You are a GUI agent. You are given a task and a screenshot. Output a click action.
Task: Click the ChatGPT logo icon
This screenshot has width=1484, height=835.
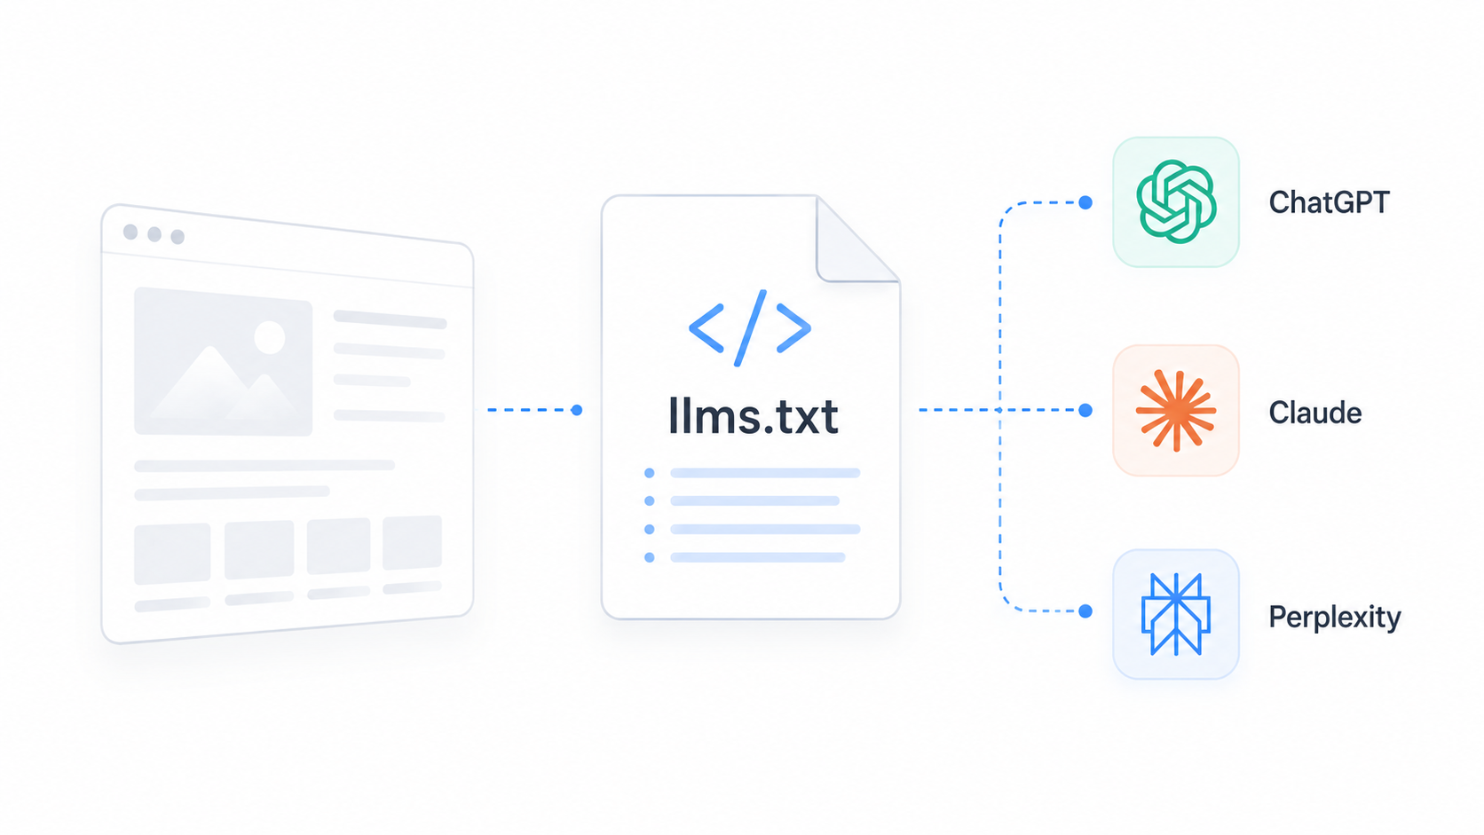pyautogui.click(x=1176, y=202)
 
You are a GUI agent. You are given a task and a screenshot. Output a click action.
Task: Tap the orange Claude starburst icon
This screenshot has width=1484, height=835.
pyautogui.click(x=1176, y=411)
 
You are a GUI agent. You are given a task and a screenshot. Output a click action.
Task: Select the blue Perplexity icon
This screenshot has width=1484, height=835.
pyautogui.click(x=1176, y=615)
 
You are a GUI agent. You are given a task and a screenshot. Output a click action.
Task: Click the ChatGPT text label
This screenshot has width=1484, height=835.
pyautogui.click(x=1329, y=202)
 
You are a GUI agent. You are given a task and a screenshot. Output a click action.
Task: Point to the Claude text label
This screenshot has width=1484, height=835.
pyautogui.click(x=1315, y=413)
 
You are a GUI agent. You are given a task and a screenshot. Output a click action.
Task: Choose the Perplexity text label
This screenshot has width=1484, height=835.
pyautogui.click(x=1334, y=617)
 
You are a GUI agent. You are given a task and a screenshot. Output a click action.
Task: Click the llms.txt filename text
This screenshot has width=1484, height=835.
pyautogui.click(x=754, y=416)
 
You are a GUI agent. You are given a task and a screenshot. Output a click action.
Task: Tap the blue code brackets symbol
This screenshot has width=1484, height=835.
pyautogui.click(x=750, y=327)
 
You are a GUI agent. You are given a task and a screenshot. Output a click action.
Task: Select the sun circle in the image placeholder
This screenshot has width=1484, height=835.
pyautogui.click(x=270, y=338)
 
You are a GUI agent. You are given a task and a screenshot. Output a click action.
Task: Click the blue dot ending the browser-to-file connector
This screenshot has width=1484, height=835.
pyautogui.click(x=576, y=410)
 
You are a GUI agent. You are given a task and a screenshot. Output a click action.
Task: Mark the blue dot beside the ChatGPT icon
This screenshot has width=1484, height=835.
pyautogui.click(x=1085, y=202)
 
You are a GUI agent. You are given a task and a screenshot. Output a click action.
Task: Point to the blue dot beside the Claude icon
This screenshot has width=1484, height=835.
pyautogui.click(x=1085, y=411)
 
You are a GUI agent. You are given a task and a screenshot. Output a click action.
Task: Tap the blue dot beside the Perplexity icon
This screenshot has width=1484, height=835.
pyautogui.click(x=1085, y=611)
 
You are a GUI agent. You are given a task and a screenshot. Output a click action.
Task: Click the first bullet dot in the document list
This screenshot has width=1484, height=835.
pyautogui.click(x=650, y=473)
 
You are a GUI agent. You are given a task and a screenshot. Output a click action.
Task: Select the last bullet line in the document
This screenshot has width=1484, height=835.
pyautogui.click(x=758, y=557)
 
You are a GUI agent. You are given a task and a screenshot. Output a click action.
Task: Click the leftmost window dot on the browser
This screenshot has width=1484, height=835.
pyautogui.click(x=130, y=232)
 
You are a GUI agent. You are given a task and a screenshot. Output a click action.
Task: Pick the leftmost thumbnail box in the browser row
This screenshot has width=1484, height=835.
pyautogui.click(x=172, y=554)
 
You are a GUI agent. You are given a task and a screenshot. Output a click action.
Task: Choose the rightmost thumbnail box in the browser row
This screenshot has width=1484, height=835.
pyautogui.click(x=412, y=542)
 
